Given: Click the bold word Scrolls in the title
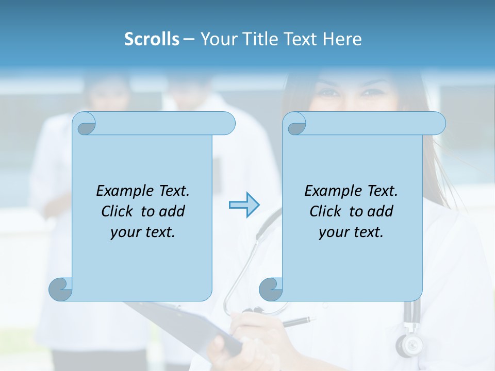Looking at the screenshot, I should (x=152, y=39).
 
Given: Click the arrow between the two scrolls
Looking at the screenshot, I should (x=244, y=205).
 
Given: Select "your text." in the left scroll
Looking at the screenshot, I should (x=143, y=232).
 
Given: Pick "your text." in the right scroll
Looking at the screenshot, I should (x=351, y=232).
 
